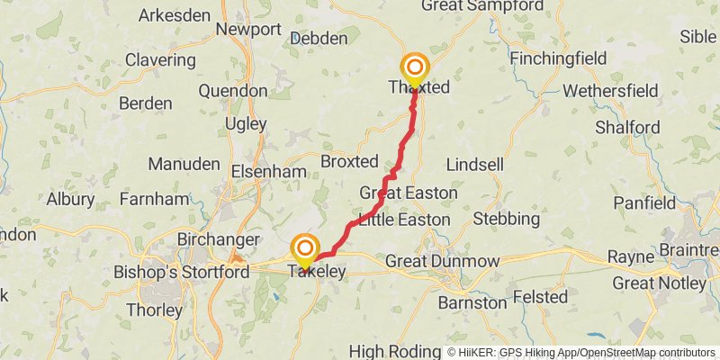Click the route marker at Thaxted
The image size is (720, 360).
click(415, 67)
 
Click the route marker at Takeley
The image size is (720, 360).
click(305, 248)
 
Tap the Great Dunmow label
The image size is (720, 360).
click(442, 261)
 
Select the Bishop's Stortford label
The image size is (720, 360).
click(169, 272)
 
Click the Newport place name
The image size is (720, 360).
click(248, 30)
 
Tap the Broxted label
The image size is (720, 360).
click(349, 162)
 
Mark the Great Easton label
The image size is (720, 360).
click(409, 193)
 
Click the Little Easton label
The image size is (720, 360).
click(403, 219)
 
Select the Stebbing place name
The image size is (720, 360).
click(506, 219)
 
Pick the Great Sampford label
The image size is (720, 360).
click(472, 6)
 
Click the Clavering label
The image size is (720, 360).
click(160, 60)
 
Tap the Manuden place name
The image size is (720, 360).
click(184, 165)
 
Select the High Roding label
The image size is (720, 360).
click(391, 351)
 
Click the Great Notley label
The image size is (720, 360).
click(659, 283)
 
